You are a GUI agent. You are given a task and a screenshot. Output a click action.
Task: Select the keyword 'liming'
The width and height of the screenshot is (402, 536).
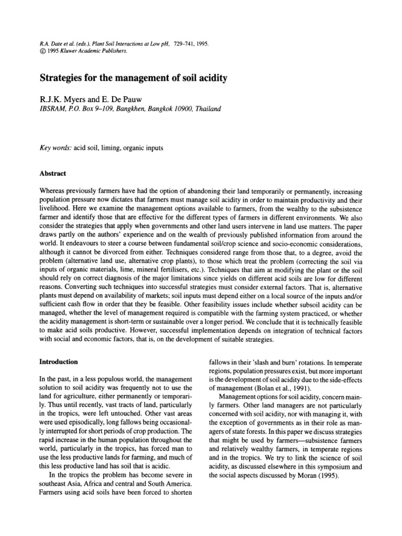(112, 148)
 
